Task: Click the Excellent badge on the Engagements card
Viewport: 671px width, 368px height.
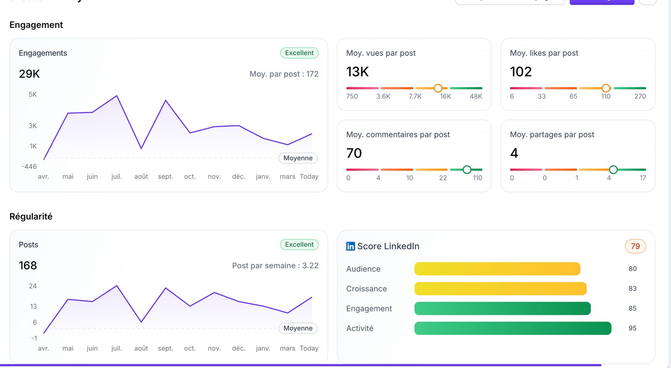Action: [x=299, y=53]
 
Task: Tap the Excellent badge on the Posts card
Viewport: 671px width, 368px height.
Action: [x=299, y=245]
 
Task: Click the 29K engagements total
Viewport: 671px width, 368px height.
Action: [x=29, y=74]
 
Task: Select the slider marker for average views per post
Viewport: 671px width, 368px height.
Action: [x=438, y=88]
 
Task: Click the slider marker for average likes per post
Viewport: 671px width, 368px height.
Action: [x=606, y=88]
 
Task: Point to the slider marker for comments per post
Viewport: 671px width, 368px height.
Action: [x=467, y=170]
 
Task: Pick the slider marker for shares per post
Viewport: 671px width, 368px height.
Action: [x=613, y=170]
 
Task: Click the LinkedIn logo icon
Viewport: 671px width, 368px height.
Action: [x=351, y=246]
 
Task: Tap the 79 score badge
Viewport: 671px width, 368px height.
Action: [x=635, y=246]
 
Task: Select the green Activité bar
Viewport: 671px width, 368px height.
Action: [x=512, y=328]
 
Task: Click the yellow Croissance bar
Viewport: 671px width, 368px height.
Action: [x=500, y=289]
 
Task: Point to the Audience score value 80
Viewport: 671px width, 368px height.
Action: [x=632, y=269]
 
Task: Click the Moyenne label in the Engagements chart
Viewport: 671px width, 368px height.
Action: [x=298, y=158]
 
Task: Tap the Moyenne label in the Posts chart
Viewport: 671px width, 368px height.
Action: [x=298, y=328]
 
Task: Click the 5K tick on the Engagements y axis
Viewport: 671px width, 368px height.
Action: [x=33, y=94]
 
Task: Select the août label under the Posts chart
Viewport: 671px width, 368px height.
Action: [x=141, y=348]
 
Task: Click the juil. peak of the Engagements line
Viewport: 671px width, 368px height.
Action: [x=117, y=96]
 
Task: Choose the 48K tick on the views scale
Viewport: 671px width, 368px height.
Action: [x=476, y=97]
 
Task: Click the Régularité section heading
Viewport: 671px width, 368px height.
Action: [x=31, y=217]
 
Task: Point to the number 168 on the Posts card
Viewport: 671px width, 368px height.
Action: [x=28, y=266]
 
